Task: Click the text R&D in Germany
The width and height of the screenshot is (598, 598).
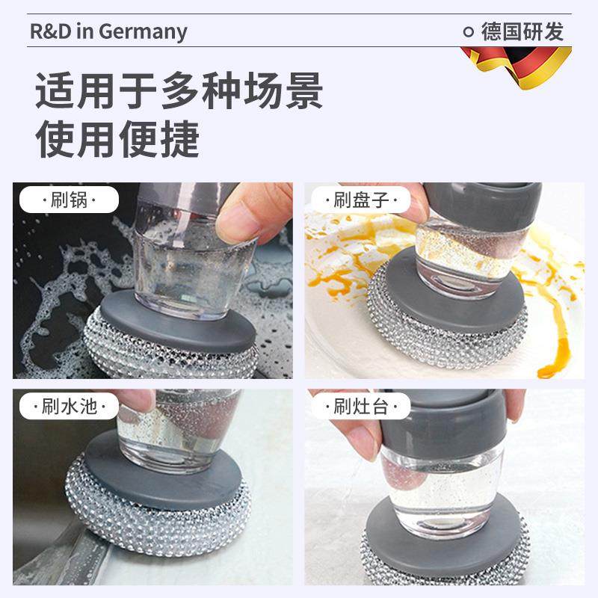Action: [108, 31]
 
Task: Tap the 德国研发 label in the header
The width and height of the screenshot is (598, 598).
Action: [523, 31]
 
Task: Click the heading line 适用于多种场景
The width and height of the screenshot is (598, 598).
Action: [179, 91]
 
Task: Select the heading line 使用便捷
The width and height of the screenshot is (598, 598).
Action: [118, 138]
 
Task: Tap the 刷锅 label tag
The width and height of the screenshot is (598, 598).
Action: [69, 200]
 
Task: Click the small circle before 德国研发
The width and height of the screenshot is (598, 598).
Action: [469, 31]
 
